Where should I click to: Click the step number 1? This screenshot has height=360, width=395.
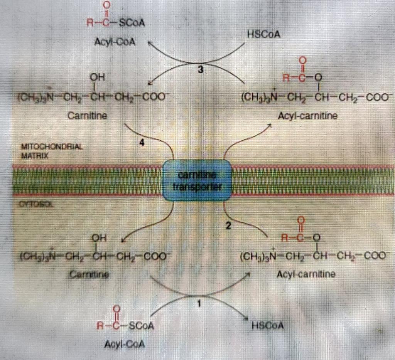coord(199,303)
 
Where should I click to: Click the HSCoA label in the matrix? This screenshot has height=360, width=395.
coord(265,35)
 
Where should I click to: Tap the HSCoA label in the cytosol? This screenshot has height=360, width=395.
coord(268,326)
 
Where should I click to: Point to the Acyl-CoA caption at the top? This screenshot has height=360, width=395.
coord(115,42)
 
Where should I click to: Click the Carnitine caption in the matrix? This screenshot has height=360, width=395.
coord(88,115)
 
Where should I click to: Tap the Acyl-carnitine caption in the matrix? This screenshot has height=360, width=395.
coord(307,116)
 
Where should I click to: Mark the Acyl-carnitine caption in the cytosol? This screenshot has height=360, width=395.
coord(306,274)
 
